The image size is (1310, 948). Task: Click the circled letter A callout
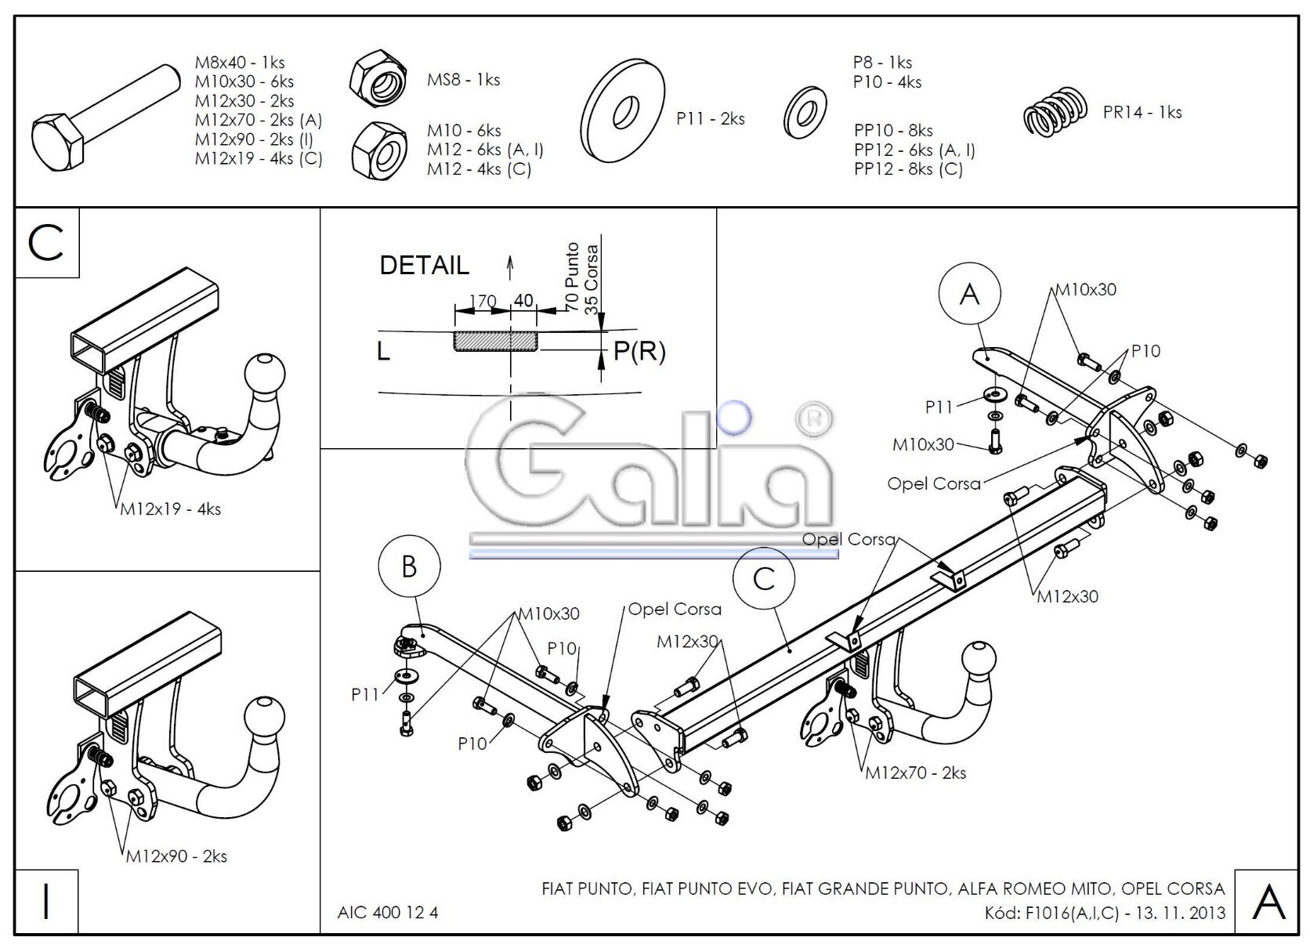point(970,294)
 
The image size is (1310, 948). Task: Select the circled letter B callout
point(409,566)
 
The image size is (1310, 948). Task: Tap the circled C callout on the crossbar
point(764,580)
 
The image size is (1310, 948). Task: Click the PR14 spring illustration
point(1055,112)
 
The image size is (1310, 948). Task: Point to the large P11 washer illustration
point(623,110)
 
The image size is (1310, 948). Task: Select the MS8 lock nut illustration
point(378,78)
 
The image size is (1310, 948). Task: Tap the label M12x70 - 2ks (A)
point(259,120)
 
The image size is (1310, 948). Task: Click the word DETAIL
point(424,266)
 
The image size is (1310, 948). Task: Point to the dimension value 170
point(483,302)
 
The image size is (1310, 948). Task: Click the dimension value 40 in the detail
point(523,301)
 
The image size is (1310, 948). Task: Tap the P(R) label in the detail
point(639,351)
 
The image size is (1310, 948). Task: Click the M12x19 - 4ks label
point(170,509)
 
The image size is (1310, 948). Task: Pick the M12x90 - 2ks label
point(176,857)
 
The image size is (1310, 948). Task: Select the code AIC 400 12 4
point(387,912)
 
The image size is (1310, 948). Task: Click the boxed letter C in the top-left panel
point(45,243)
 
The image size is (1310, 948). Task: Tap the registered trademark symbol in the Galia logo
point(814,418)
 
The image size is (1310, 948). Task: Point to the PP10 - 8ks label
point(893,130)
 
